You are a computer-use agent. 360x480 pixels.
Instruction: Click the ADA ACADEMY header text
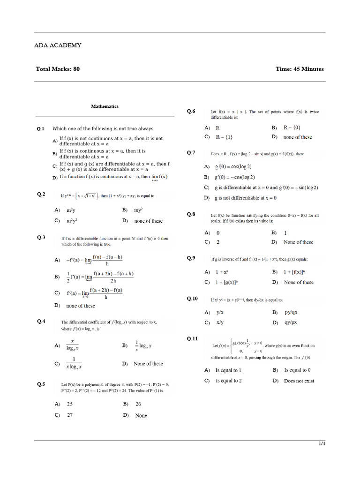click(x=58, y=45)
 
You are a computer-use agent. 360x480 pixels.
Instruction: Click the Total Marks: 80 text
click(x=58, y=69)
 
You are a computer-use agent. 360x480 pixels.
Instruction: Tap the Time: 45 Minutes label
click(x=300, y=69)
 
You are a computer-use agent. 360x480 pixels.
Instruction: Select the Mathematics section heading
click(x=105, y=106)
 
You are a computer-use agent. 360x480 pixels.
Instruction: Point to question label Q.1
click(x=41, y=128)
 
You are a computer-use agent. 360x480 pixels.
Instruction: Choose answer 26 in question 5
click(x=138, y=404)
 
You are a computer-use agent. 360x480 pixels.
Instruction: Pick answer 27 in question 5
click(x=70, y=415)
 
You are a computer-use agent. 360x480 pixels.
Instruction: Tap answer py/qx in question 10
click(x=291, y=312)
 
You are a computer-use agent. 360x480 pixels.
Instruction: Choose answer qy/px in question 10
click(x=291, y=323)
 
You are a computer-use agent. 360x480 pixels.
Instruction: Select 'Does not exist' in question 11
click(x=299, y=381)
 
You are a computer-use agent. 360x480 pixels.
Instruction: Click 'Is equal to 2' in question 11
click(x=228, y=381)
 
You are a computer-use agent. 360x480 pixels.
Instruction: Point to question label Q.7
click(x=191, y=152)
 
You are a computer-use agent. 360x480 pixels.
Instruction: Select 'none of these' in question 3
click(x=81, y=306)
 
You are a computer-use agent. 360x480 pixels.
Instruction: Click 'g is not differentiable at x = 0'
click(x=246, y=198)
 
